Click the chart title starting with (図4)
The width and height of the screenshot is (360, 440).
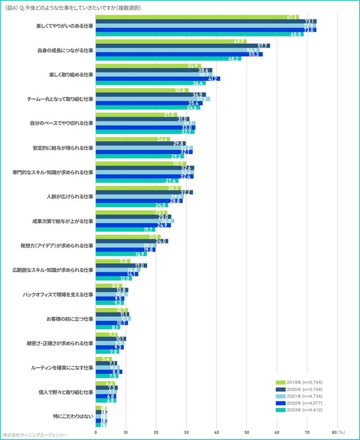[73, 8]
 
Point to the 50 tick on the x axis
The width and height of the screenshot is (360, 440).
[246, 432]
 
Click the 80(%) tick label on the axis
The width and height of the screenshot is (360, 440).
[337, 432]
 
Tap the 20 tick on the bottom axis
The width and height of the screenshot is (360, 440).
[156, 432]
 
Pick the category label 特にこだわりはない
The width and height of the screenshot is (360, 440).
[70, 416]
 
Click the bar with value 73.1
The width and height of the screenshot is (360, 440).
[206, 21]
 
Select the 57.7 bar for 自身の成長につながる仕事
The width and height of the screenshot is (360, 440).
[182, 46]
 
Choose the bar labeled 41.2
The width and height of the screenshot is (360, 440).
[157, 79]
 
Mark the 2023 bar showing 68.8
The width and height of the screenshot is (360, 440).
[199, 35]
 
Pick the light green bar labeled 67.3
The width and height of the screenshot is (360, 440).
[197, 16]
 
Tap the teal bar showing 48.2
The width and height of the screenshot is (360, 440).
[168, 59]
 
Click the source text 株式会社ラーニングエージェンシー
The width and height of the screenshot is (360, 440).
[35, 435]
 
